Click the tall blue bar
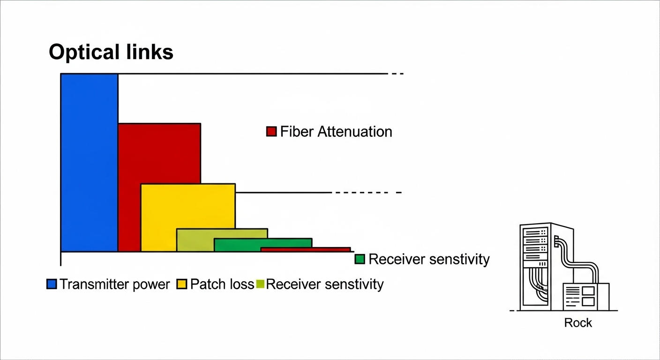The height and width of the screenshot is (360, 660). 89,163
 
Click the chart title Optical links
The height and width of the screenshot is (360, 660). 111,52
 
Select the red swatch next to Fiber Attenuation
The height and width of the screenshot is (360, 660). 271,131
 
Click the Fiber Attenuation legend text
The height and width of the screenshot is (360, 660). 336,131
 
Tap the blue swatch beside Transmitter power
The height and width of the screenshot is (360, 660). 52,284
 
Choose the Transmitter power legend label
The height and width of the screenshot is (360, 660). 114,284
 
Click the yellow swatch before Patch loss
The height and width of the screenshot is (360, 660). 182,284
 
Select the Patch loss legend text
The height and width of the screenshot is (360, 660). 222,284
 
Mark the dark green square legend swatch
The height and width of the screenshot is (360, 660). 360,259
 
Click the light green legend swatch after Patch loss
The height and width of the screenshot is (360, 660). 261,284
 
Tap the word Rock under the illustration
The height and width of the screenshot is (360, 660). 578,322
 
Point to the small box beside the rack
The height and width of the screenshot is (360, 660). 586,296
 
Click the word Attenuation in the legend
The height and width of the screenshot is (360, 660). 355,131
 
